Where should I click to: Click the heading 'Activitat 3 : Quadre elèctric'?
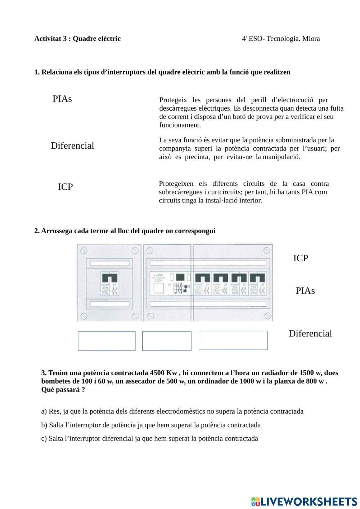(77, 39)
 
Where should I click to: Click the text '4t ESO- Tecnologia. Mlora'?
(281, 39)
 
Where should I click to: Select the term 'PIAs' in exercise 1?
(62, 99)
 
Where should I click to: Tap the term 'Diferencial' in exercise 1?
(72, 146)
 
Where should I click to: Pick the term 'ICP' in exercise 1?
(65, 187)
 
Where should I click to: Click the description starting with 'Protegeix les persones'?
(251, 112)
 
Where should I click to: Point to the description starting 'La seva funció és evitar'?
(249, 148)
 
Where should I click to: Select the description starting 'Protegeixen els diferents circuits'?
(243, 192)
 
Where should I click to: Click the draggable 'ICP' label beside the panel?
(301, 258)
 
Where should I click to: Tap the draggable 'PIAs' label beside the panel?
(305, 291)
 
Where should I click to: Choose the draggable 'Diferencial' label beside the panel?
(310, 334)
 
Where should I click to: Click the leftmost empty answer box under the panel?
(107, 341)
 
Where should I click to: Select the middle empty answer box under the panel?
(167, 341)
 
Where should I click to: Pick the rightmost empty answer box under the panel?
(233, 340)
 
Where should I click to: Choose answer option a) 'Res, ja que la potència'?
(172, 411)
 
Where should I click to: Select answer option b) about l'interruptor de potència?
(151, 425)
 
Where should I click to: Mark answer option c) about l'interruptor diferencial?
(149, 438)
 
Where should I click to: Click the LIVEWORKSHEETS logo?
(304, 501)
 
